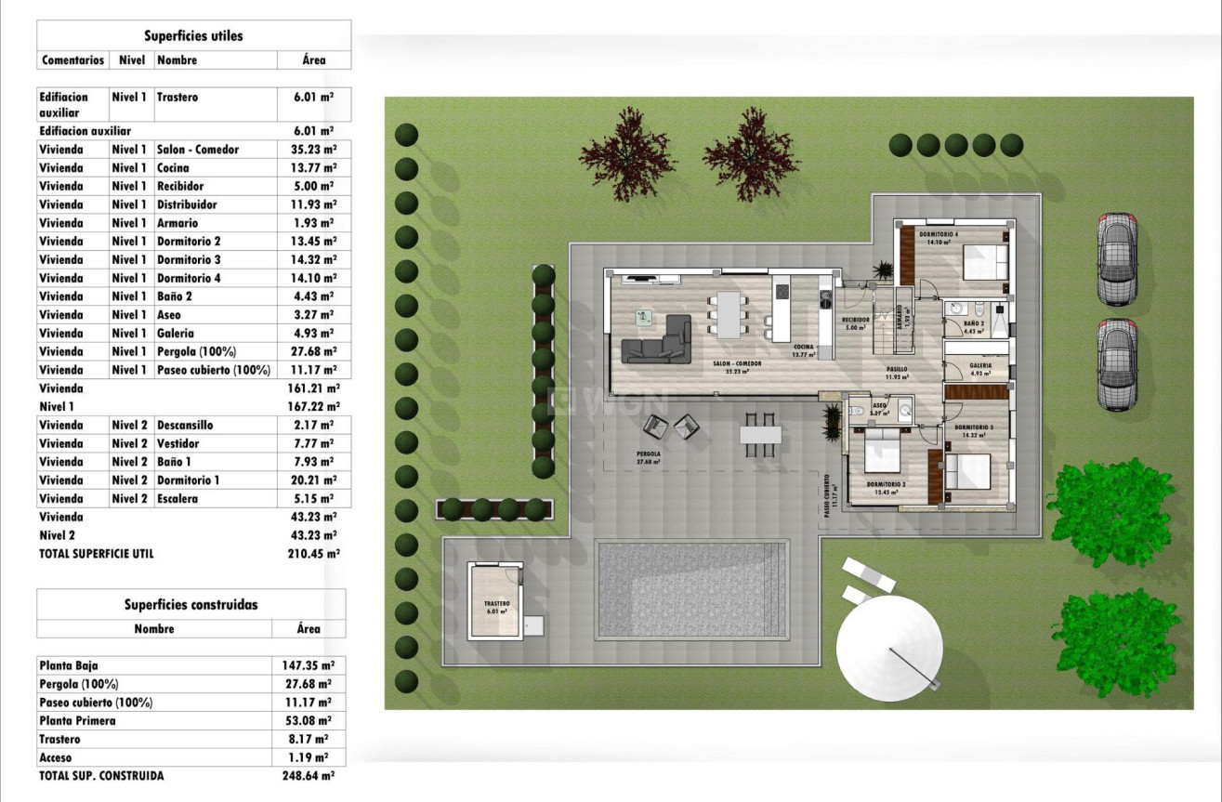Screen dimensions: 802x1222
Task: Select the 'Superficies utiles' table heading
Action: (193, 36)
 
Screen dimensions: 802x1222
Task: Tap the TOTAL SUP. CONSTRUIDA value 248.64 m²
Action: (309, 775)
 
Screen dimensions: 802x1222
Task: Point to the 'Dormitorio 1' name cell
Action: (189, 480)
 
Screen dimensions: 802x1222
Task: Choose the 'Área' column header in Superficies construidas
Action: (309, 629)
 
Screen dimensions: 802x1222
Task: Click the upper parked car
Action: (1116, 259)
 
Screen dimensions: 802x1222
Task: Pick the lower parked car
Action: (1116, 364)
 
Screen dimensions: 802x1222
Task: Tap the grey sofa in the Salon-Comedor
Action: (659, 341)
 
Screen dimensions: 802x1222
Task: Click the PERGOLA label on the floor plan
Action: (648, 454)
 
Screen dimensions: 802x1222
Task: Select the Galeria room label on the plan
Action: (980, 366)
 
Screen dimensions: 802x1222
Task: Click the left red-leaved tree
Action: (628, 153)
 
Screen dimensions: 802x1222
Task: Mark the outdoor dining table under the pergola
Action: (761, 435)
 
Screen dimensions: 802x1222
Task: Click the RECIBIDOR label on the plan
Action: (856, 320)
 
